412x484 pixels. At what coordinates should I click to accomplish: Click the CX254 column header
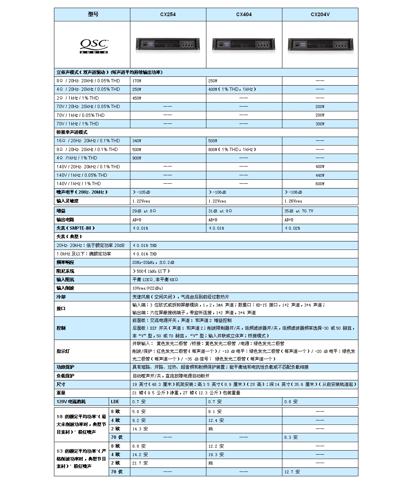click(168, 15)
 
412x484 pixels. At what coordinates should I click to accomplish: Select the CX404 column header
click(244, 15)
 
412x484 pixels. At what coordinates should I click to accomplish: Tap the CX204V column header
click(320, 15)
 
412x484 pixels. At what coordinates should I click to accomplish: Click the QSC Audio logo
click(94, 46)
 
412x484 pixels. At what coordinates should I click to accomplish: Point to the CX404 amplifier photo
click(244, 45)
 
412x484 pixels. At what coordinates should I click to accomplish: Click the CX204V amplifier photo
click(320, 45)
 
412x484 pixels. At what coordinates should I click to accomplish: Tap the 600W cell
click(320, 184)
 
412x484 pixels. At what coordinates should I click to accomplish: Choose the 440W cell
click(320, 175)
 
